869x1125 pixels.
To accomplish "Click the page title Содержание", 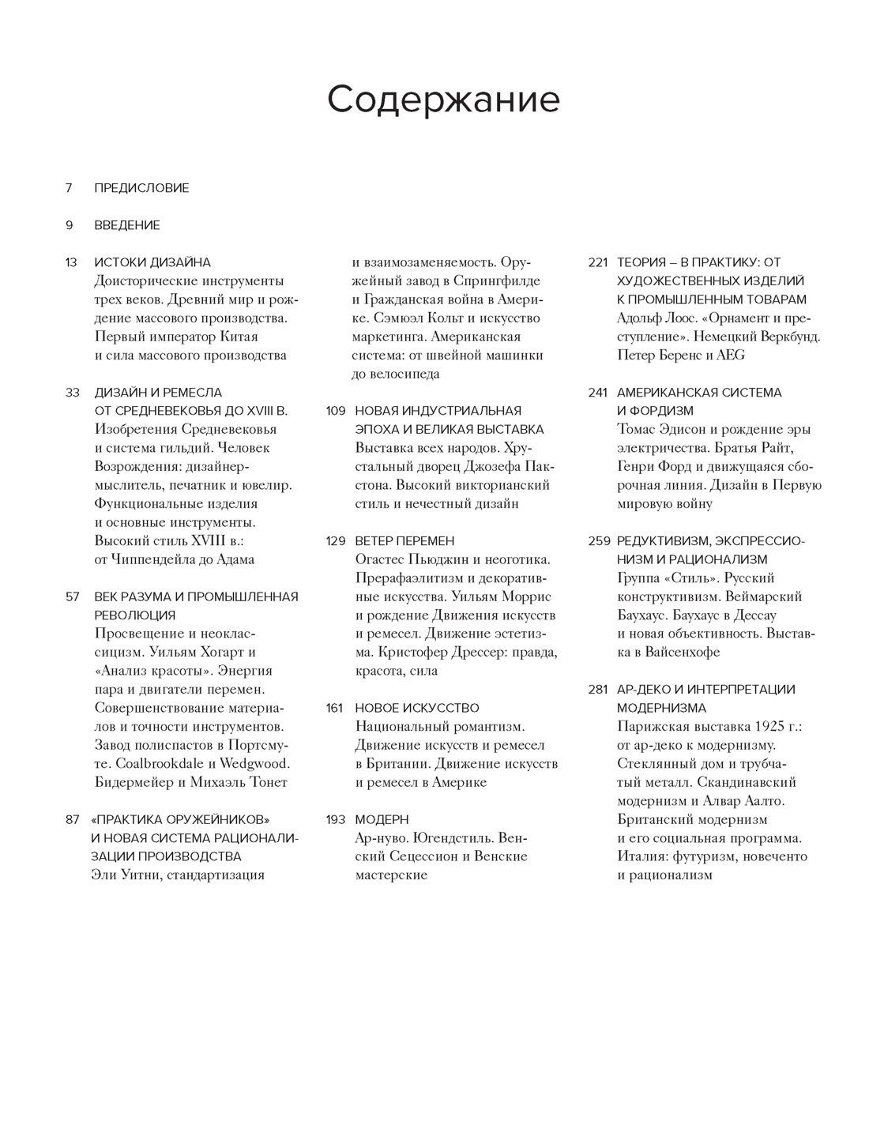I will [443, 100].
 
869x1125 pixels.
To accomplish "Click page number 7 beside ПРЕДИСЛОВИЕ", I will [69, 188].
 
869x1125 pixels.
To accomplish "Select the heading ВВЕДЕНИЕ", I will [127, 225].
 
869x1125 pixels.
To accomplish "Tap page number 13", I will [71, 262].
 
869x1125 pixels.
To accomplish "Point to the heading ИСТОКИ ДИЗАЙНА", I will [152, 262].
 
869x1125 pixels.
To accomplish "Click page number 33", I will [71, 393].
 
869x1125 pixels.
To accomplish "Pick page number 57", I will [71, 596].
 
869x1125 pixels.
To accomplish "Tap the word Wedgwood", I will [254, 764].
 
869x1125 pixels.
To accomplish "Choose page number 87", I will [71, 819].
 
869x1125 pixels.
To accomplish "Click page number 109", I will [336, 411].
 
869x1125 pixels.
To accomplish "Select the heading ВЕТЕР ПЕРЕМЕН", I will [404, 541].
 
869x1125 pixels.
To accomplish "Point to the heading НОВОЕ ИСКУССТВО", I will [417, 708].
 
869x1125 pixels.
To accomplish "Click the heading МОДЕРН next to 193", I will [382, 819].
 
